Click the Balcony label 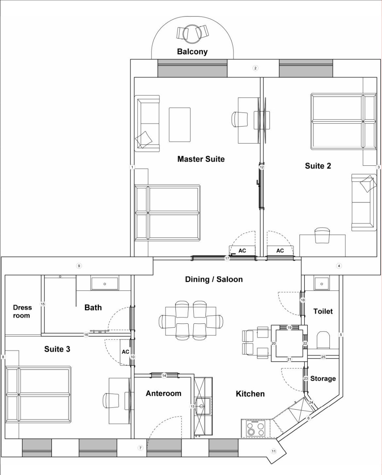coord(192,52)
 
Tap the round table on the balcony coord(192,34)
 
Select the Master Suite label coord(201,159)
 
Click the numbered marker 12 coord(262,167)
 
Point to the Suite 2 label coord(318,166)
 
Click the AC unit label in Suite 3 coord(125,352)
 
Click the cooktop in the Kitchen coord(255,428)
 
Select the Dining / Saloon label coord(214,280)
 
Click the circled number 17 coord(227,258)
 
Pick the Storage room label coord(323,379)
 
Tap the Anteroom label coord(163,393)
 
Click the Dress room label coord(22,311)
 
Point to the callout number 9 coord(79,266)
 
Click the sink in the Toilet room coord(322,284)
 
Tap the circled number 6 coord(308,418)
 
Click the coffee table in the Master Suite coord(180,125)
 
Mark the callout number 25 coord(323,357)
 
